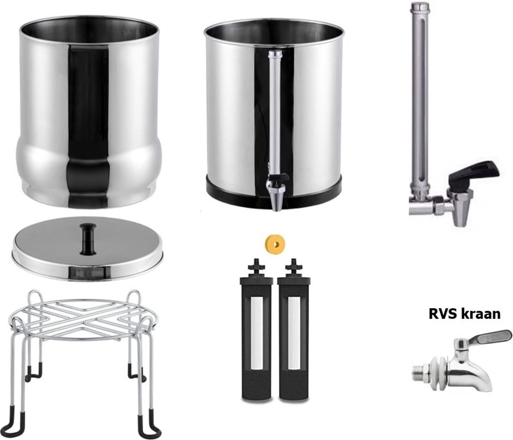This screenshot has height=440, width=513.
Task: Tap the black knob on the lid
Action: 88,233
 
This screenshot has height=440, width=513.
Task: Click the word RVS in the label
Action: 441,314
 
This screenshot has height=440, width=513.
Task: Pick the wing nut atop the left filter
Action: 256,265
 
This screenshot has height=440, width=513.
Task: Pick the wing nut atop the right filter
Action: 293,265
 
